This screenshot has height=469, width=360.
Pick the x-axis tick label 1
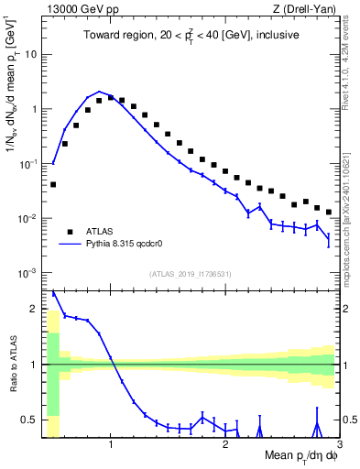tap(111, 446)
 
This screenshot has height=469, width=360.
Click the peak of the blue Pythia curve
tap(99, 93)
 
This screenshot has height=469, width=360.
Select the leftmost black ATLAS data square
tap(53, 184)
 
